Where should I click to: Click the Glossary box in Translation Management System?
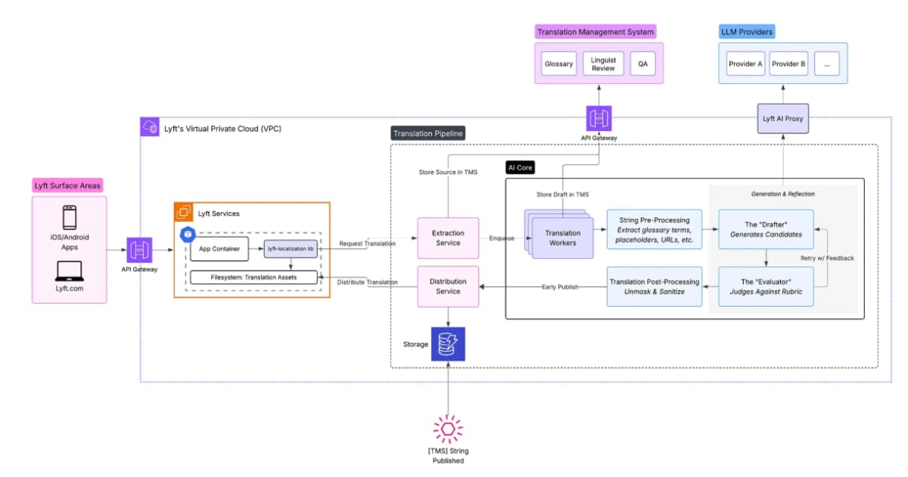558,64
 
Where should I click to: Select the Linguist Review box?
603,64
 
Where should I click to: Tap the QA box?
642,64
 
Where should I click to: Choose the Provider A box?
745,64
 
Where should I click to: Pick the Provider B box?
788,64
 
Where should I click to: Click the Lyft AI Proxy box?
783,119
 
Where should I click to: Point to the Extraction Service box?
449,238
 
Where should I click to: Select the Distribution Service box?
449,286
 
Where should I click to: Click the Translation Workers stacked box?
561,238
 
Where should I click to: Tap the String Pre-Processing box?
654,229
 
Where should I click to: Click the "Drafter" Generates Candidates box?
766,229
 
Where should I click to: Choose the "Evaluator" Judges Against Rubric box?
766,286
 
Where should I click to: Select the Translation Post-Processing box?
654,286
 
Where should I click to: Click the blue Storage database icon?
448,344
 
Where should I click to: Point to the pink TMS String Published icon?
448,429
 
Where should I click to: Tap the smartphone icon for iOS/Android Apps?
69,219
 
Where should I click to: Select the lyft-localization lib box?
291,248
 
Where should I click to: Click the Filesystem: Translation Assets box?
253,277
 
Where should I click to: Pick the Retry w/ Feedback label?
827,258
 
